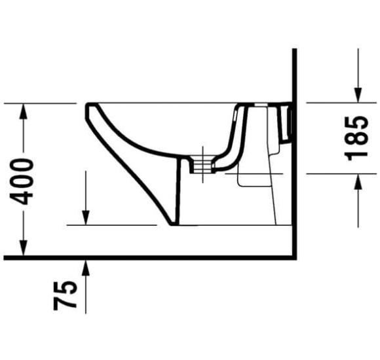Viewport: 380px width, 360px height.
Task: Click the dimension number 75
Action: pos(68,294)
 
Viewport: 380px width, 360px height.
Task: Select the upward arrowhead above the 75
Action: pos(86,264)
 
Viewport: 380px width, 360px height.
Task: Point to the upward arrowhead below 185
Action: pos(357,181)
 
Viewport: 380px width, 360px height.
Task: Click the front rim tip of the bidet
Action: pos(87,106)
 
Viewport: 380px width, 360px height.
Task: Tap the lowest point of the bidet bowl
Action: pos(174,224)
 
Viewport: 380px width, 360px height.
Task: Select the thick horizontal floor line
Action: pos(151,257)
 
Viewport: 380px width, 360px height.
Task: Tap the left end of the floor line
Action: pos(5,257)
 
